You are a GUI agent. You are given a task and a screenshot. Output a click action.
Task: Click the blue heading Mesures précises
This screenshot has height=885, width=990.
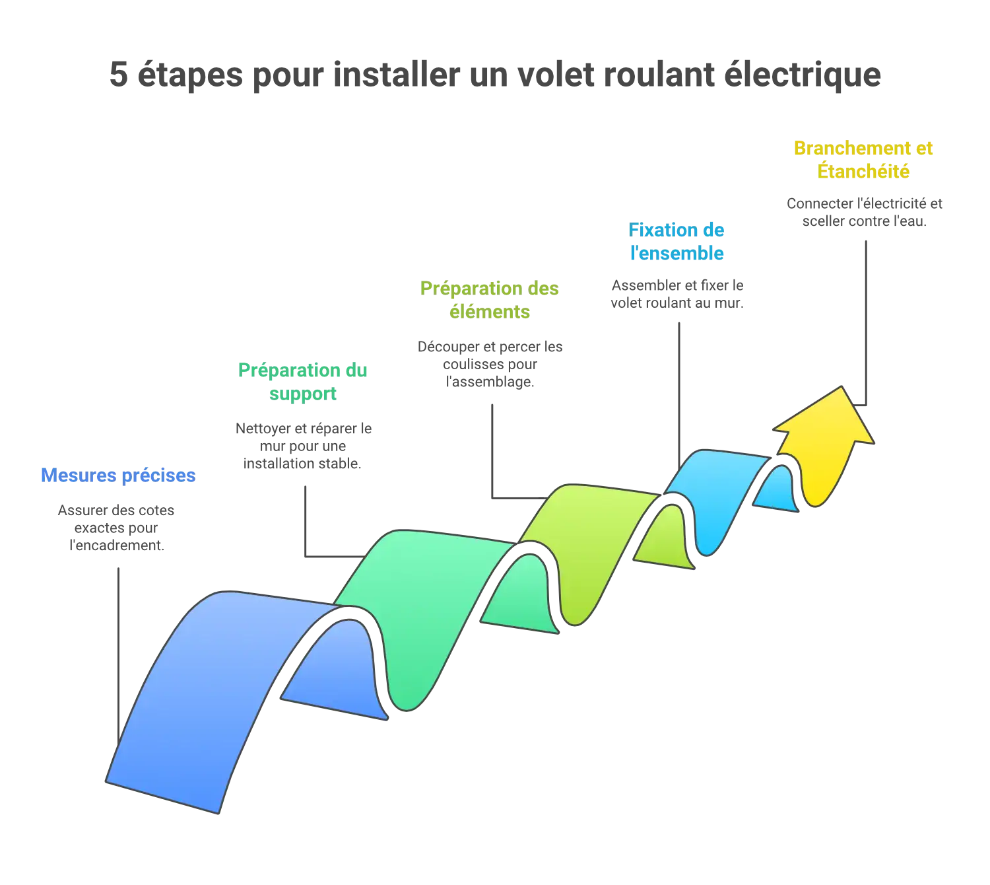click(117, 476)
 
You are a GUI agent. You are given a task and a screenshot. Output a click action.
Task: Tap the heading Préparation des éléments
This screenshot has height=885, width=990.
click(489, 300)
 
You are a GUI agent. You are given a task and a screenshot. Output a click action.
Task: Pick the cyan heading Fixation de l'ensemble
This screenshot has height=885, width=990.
click(676, 241)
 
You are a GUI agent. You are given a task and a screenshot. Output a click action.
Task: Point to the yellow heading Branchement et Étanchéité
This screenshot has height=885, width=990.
click(863, 159)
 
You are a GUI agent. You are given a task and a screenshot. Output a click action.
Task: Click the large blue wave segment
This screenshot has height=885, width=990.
click(198, 693)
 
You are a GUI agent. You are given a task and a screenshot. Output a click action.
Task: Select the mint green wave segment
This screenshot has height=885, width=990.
click(422, 594)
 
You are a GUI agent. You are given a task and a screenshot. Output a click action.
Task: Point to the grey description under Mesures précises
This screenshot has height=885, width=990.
click(115, 528)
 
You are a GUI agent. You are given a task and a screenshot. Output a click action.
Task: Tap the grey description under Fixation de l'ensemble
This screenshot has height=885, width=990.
click(676, 294)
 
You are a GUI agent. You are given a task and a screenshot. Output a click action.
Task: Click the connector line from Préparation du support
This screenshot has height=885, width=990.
click(303, 522)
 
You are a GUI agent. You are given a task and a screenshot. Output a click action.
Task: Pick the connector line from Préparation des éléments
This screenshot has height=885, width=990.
click(494, 449)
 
